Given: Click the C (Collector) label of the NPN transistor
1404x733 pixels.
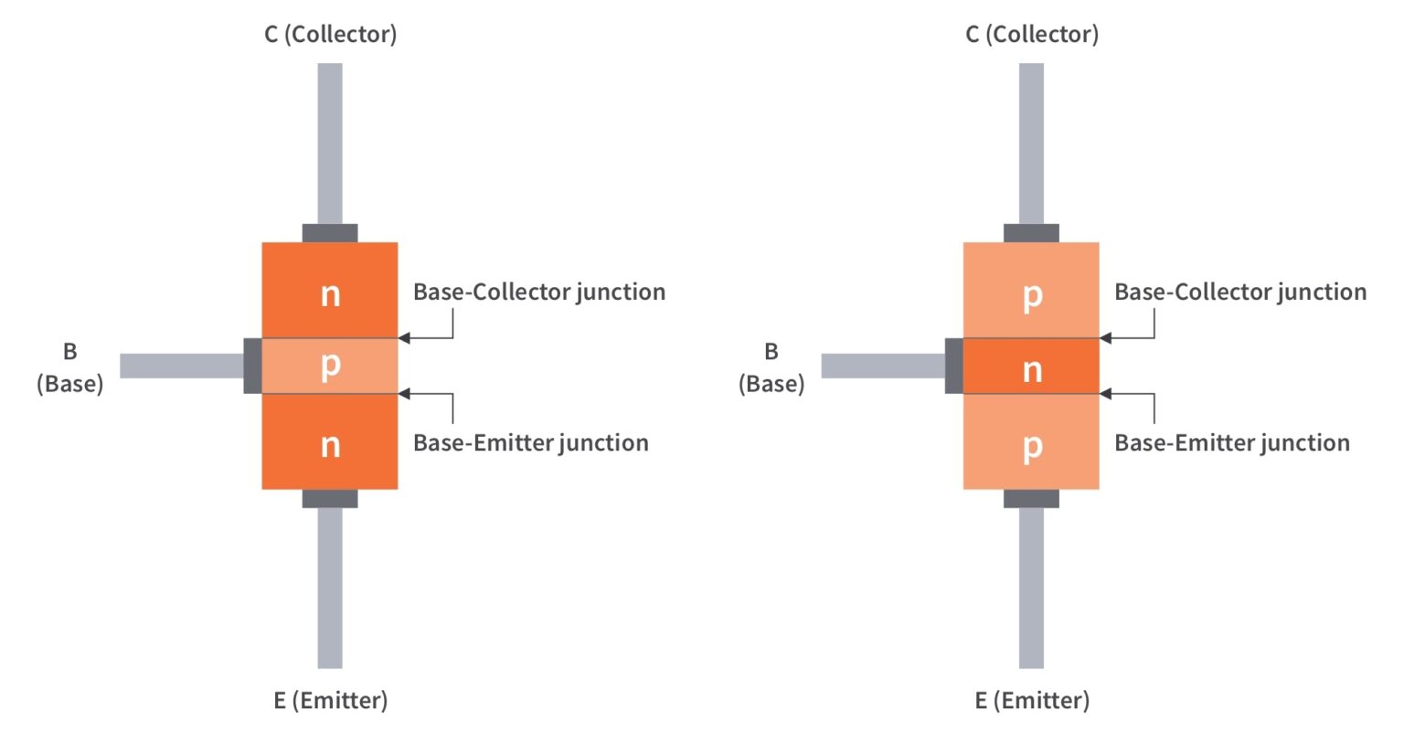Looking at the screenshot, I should coord(330,35).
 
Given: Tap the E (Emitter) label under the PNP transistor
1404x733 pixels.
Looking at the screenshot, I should coord(1031,701).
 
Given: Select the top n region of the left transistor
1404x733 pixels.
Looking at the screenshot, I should coord(330,291).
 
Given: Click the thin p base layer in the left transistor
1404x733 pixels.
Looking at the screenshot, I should coord(330,366).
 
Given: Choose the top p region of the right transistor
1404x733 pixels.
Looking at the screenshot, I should coord(1031,291).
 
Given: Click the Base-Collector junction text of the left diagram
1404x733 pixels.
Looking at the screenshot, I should coord(538,292).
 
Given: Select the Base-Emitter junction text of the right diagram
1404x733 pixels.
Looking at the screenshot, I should coord(1231,443).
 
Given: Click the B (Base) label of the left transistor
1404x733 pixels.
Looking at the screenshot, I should coord(69,367).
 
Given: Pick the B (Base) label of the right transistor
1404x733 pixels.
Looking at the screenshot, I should coord(771,367).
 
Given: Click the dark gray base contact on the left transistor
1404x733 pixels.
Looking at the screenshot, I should coord(252,366).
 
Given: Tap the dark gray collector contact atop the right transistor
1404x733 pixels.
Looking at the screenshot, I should coord(1031,233).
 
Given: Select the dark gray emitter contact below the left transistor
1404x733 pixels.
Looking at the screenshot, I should coord(330,498).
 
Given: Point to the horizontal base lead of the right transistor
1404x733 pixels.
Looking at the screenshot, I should coord(882,366).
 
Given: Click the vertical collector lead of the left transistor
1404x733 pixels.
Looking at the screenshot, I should coord(330,142).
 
